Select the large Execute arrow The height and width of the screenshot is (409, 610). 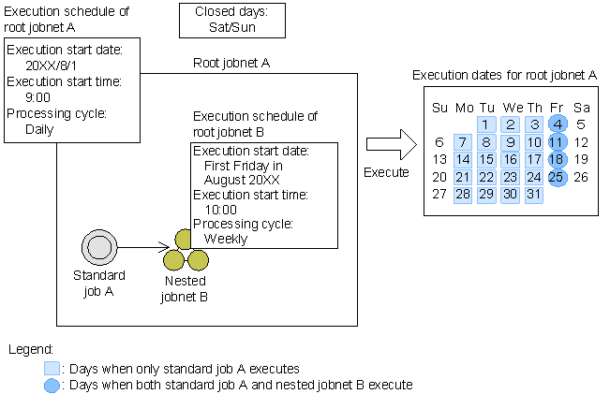click(x=387, y=146)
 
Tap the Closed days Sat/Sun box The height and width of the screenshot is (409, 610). click(x=231, y=21)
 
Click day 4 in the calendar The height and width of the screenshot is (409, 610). click(x=557, y=124)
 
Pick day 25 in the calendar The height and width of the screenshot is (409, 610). click(x=557, y=176)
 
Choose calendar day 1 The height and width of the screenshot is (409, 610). click(x=486, y=124)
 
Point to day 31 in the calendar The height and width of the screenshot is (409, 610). click(x=533, y=194)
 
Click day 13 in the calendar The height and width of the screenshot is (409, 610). click(x=439, y=159)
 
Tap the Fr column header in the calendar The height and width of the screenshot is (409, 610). click(x=557, y=107)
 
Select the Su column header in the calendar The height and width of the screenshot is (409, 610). click(x=439, y=107)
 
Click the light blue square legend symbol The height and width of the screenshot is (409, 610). click(x=52, y=369)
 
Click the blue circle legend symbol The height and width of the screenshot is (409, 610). click(x=52, y=385)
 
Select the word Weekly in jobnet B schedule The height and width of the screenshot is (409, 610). click(x=226, y=239)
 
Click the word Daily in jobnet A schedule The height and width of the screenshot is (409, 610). click(x=39, y=129)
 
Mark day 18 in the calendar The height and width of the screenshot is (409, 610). click(x=557, y=159)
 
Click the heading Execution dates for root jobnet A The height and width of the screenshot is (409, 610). click(x=505, y=75)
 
